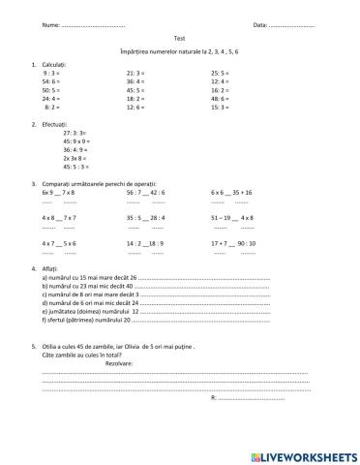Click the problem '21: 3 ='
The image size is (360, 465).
[135, 72]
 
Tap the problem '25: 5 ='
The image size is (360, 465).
[221, 72]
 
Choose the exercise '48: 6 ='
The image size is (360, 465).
[221, 98]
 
